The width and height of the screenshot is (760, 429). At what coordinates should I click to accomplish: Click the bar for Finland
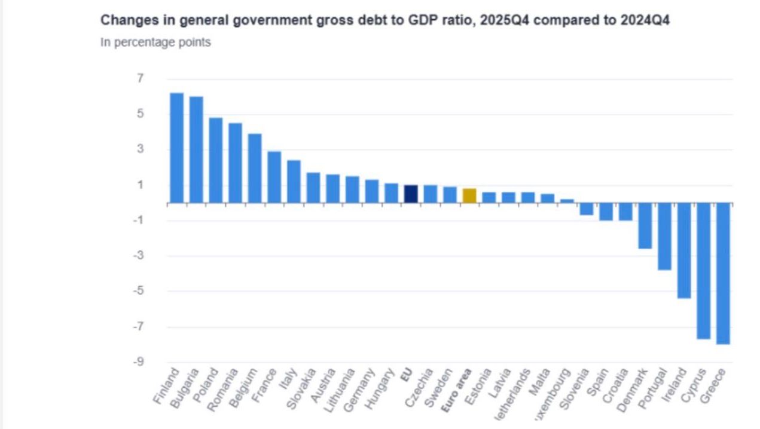click(x=176, y=148)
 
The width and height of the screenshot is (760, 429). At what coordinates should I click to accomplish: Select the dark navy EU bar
click(x=411, y=194)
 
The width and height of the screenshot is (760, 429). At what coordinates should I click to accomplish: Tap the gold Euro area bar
click(x=469, y=196)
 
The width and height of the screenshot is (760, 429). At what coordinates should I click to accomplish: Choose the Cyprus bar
click(x=704, y=271)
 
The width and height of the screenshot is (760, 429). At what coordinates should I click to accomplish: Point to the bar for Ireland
click(x=684, y=250)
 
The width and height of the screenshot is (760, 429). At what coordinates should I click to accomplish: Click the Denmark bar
click(x=645, y=226)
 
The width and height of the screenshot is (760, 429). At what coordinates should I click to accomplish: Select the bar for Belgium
click(x=255, y=168)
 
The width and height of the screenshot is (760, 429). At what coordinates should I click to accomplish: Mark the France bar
click(x=274, y=177)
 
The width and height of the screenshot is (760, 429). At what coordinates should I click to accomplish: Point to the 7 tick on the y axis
click(x=140, y=78)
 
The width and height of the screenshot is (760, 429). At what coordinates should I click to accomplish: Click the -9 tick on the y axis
click(x=138, y=361)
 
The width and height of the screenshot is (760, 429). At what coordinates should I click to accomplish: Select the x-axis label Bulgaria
click(x=185, y=388)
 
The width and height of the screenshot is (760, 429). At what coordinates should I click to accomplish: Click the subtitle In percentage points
click(x=155, y=42)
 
